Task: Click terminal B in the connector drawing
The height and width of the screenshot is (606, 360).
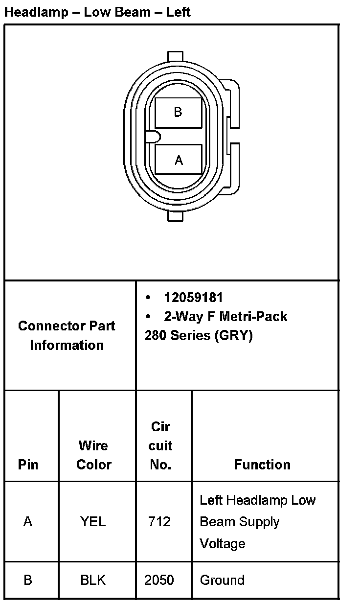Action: [178, 113]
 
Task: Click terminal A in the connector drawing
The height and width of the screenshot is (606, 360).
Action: [178, 160]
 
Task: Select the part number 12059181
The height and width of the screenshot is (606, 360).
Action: [193, 298]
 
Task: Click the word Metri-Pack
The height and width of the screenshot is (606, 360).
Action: [253, 316]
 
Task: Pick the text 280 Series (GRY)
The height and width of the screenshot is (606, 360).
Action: [198, 336]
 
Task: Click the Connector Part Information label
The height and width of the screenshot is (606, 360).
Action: [67, 335]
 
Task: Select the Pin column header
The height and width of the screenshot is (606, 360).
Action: [28, 465]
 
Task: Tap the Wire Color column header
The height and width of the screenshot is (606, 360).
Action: [93, 455]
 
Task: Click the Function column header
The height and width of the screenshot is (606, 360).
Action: [262, 465]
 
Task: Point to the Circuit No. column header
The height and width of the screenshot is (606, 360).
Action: [160, 445]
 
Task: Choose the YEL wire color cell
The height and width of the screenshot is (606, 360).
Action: [93, 522]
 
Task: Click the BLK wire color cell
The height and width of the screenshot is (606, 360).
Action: [93, 581]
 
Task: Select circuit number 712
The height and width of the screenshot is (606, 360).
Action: [159, 522]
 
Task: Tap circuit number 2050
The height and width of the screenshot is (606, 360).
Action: [159, 581]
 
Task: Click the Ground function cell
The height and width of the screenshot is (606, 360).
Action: [222, 581]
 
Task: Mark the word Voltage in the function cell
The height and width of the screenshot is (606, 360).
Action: [223, 543]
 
